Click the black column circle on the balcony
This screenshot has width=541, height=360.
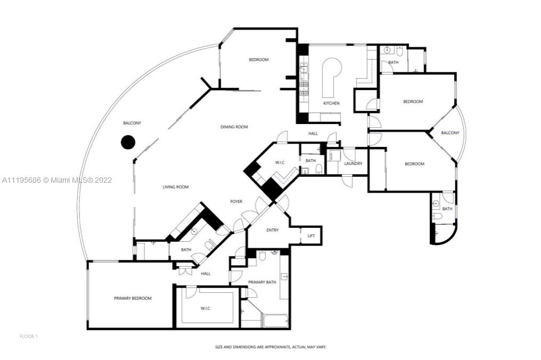(128, 142)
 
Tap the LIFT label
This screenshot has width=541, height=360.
(311, 236)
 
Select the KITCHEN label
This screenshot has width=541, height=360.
(331, 103)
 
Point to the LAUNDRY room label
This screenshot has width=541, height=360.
(353, 163)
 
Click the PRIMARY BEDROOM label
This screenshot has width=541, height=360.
(133, 298)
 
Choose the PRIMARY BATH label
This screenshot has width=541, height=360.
(262, 282)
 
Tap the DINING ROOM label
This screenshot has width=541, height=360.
(235, 127)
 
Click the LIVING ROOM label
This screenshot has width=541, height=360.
(175, 187)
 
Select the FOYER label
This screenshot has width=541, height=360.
(236, 201)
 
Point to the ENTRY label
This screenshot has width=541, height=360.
(272, 230)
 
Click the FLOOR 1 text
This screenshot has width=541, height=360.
(29, 336)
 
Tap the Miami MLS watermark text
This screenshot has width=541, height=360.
(57, 180)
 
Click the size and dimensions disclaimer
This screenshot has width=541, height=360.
(271, 347)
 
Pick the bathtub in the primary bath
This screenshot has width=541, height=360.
(276, 321)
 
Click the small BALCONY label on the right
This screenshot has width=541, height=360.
(450, 133)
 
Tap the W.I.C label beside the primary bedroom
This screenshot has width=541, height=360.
(205, 308)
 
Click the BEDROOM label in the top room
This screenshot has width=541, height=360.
(259, 60)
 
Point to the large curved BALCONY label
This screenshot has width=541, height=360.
(132, 123)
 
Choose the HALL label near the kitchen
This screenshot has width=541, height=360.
(313, 134)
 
